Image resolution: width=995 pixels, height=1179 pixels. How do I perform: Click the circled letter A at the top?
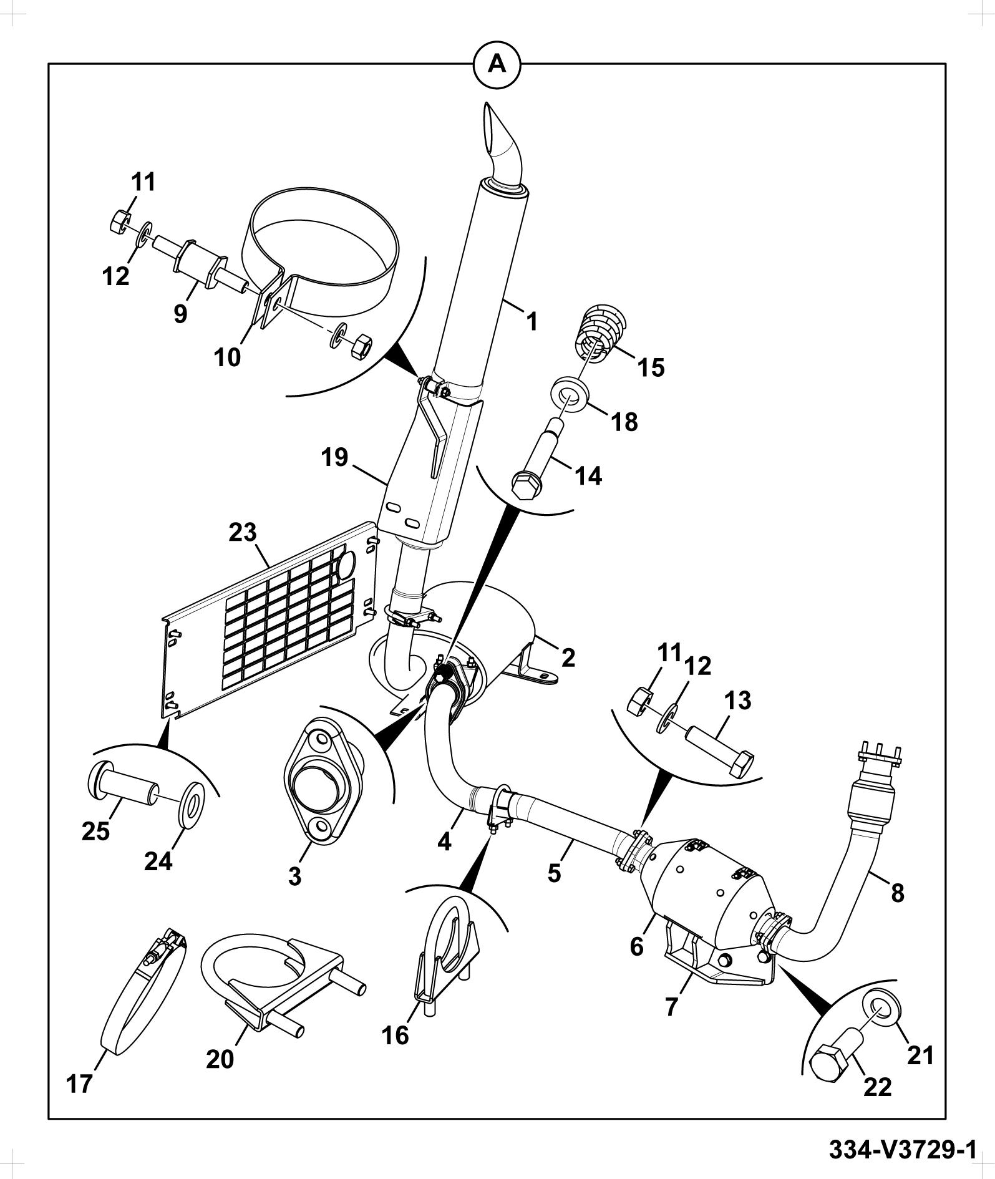[497, 64]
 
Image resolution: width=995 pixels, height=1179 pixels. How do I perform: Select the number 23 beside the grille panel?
[242, 533]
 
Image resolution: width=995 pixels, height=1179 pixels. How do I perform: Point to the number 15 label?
[651, 367]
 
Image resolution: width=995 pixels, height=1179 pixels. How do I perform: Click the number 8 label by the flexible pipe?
[897, 893]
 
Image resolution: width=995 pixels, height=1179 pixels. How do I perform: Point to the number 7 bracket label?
[671, 1006]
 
